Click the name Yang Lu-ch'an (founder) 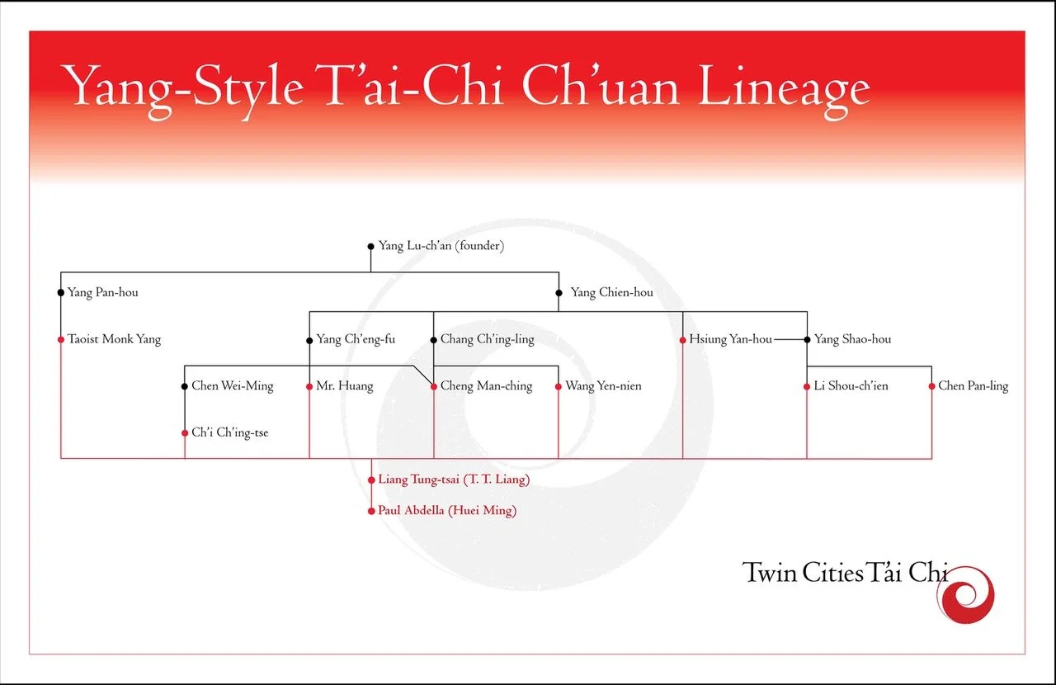pyautogui.click(x=441, y=246)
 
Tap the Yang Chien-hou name pyautogui.click(x=611, y=292)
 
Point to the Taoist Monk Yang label pyautogui.click(x=115, y=339)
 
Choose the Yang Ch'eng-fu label pyautogui.click(x=356, y=339)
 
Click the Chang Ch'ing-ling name pyautogui.click(x=487, y=339)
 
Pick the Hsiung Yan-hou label pyautogui.click(x=730, y=339)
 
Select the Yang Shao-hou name pyautogui.click(x=852, y=339)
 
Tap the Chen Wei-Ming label pyautogui.click(x=233, y=385)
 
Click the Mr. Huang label pyautogui.click(x=345, y=385)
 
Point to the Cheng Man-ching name pyautogui.click(x=486, y=385)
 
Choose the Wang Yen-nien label pyautogui.click(x=603, y=385)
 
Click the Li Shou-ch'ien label pyautogui.click(x=851, y=385)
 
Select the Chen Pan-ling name pyautogui.click(x=973, y=385)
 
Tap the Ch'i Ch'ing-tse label pyautogui.click(x=230, y=432)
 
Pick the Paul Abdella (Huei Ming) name pyautogui.click(x=447, y=511)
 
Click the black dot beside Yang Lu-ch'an pyautogui.click(x=370, y=246)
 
